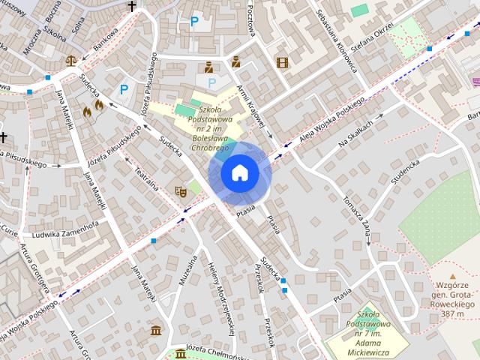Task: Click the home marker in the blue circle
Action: point(239,173)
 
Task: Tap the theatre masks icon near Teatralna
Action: point(180,192)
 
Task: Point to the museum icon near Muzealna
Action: point(156,331)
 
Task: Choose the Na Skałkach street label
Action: point(355,133)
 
